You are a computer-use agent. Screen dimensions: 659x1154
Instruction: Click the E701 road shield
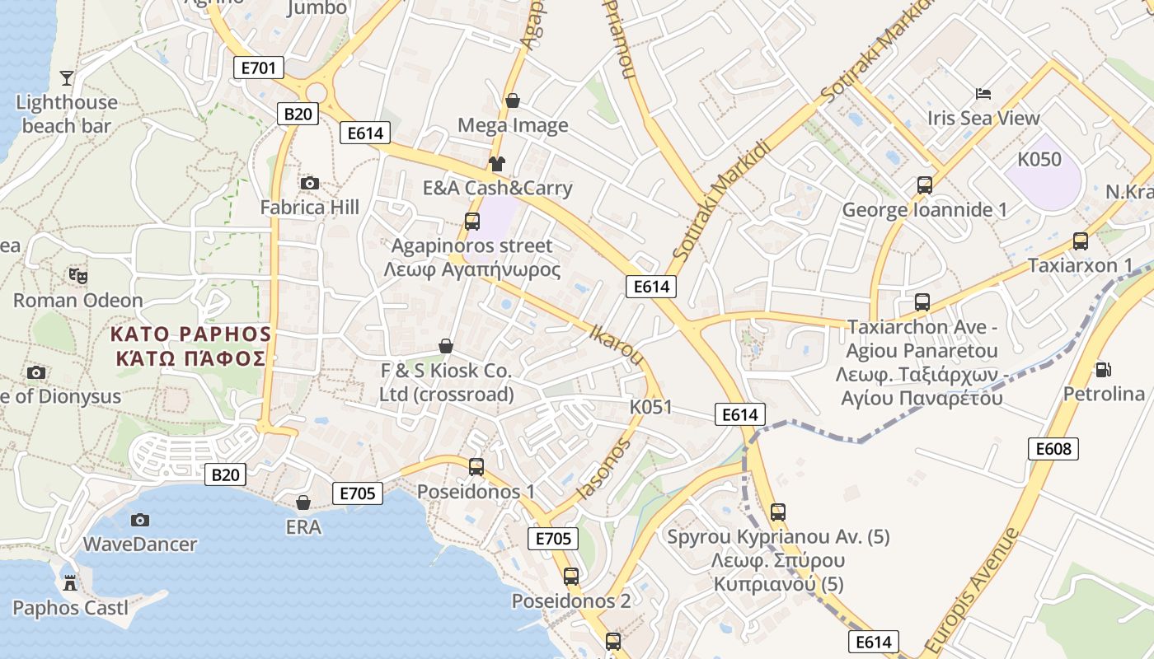(259, 68)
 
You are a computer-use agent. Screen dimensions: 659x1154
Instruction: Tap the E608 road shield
(1053, 448)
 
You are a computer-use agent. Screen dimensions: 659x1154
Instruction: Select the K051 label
(650, 407)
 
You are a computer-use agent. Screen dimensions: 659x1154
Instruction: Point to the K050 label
(1039, 159)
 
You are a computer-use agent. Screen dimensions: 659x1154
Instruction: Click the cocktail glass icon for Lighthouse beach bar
(67, 78)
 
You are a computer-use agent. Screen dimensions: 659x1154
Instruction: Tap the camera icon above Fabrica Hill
(310, 183)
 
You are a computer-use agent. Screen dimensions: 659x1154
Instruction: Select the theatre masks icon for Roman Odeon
(78, 275)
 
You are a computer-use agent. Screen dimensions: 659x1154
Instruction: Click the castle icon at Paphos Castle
(70, 583)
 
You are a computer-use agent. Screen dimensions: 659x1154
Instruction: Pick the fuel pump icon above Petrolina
(1103, 369)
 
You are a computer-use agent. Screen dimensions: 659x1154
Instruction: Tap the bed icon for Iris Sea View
(983, 93)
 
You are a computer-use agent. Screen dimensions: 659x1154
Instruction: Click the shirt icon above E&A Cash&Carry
(496, 163)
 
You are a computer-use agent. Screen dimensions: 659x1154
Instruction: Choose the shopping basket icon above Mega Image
(513, 100)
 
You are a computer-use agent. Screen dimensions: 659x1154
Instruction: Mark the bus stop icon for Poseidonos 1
(476, 467)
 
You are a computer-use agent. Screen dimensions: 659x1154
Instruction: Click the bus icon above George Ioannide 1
(925, 185)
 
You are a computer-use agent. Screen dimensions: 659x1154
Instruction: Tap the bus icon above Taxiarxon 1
(1080, 241)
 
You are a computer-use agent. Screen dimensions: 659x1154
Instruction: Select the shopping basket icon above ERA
(303, 502)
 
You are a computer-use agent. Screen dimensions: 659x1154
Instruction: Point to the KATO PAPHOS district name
(190, 345)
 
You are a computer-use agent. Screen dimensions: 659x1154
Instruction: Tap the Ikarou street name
(617, 344)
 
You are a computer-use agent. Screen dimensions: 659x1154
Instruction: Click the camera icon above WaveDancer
(140, 520)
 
